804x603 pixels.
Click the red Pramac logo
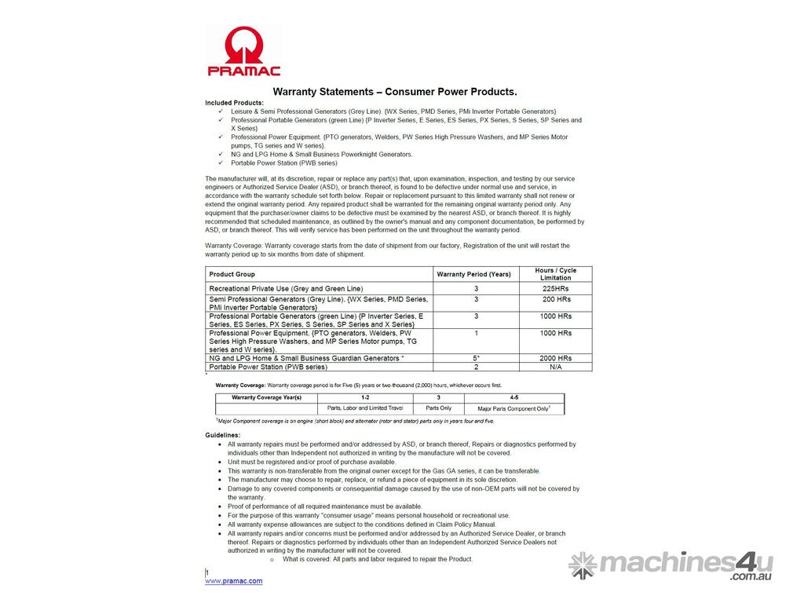(x=243, y=51)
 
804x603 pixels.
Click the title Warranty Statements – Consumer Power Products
(x=394, y=92)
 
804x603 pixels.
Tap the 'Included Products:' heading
(x=235, y=103)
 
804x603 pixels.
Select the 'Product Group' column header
(x=232, y=274)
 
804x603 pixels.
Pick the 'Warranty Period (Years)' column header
(x=475, y=274)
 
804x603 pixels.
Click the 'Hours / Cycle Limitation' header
(x=555, y=274)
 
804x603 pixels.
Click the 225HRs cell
(x=555, y=289)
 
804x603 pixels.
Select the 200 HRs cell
(x=555, y=299)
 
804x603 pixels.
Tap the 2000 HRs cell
(x=555, y=358)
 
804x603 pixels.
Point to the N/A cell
(x=555, y=367)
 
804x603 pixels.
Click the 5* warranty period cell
(x=476, y=358)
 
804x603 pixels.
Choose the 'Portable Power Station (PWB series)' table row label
(x=268, y=367)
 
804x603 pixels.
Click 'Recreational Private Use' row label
(x=286, y=289)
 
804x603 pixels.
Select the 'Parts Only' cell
(x=438, y=408)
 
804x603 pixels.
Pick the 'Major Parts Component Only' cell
(x=513, y=409)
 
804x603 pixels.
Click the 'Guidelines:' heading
(x=223, y=435)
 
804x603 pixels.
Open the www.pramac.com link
(x=234, y=581)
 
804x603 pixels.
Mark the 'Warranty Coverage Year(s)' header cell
(x=266, y=398)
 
